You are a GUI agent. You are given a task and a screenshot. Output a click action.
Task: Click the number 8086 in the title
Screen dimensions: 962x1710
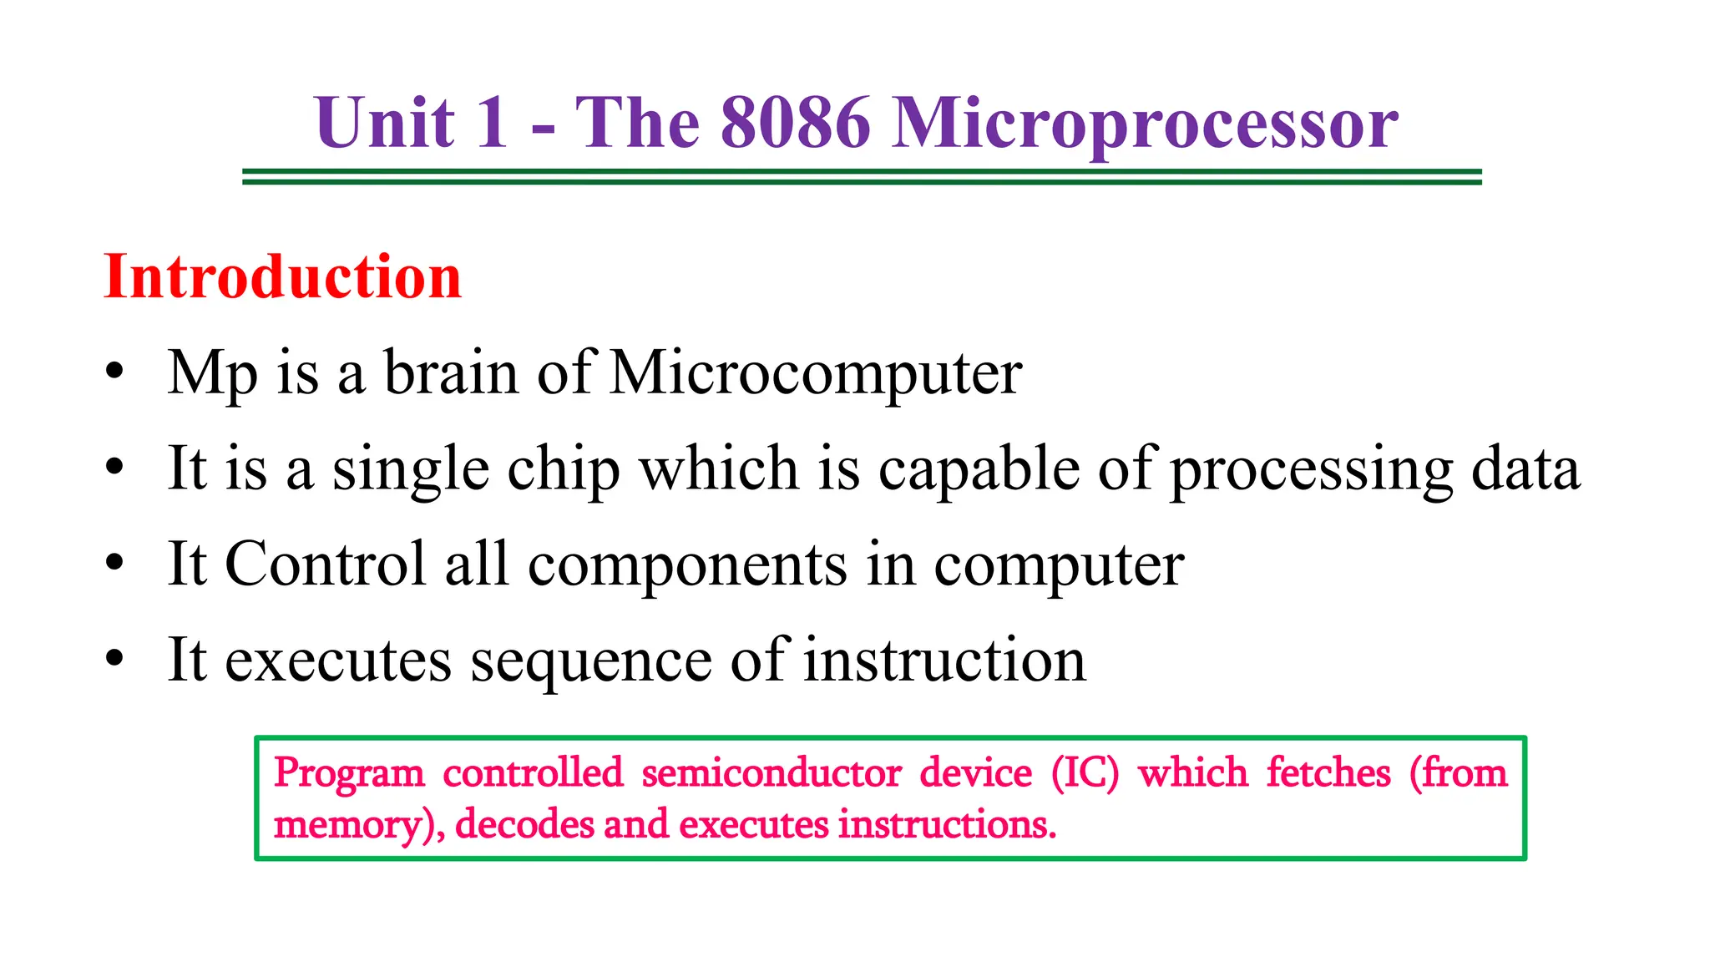pyautogui.click(x=795, y=123)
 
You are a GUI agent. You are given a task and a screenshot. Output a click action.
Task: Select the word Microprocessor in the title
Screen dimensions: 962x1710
pyautogui.click(x=1145, y=124)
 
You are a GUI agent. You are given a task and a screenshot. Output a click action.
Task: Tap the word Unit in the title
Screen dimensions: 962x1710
pyautogui.click(x=385, y=123)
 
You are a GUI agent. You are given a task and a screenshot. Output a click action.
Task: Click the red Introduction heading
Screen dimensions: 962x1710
pyautogui.click(x=282, y=276)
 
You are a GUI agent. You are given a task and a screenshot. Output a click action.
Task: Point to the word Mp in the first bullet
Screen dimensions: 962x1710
pyautogui.click(x=212, y=373)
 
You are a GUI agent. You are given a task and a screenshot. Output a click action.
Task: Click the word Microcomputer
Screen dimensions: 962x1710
pyautogui.click(x=816, y=373)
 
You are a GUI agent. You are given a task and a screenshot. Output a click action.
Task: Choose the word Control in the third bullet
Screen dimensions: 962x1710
pyautogui.click(x=326, y=564)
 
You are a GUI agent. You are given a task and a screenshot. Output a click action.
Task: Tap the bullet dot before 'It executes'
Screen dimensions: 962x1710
pyautogui.click(x=114, y=659)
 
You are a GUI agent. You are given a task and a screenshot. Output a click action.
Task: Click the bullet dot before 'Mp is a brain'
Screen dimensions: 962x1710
pyautogui.click(x=114, y=371)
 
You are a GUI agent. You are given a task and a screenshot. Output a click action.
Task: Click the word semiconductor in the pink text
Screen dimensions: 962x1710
pyautogui.click(x=772, y=772)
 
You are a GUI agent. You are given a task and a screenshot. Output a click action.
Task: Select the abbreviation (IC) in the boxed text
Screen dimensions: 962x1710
pyautogui.click(x=1085, y=773)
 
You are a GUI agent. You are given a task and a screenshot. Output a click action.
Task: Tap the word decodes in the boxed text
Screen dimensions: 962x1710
pyautogui.click(x=524, y=824)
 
